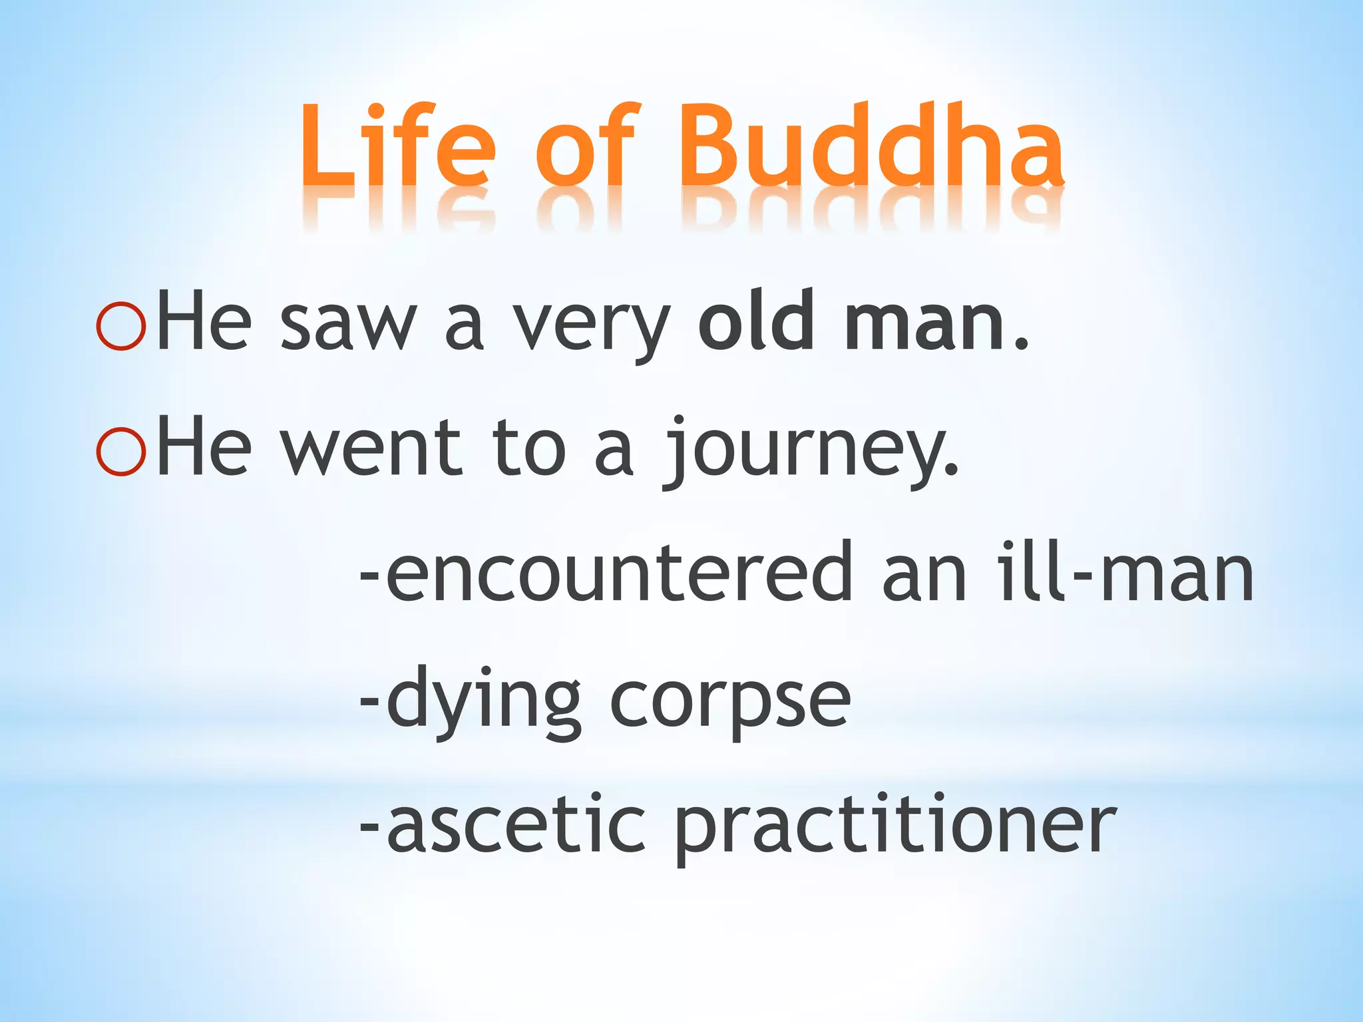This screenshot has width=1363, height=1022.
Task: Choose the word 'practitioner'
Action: pos(895,828)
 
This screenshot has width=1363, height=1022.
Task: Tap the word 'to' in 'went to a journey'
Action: pos(529,449)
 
